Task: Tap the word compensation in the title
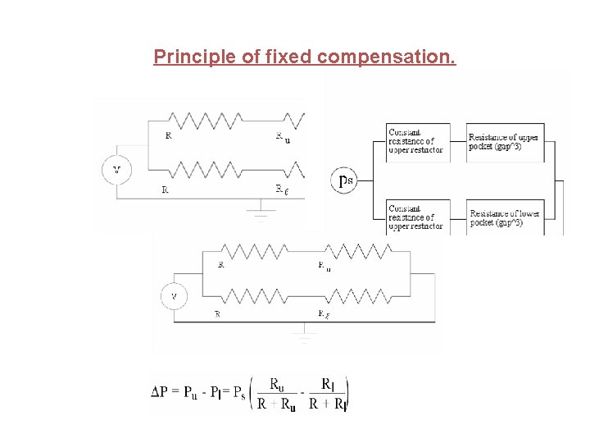tap(386, 57)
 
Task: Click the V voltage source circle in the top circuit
tap(116, 170)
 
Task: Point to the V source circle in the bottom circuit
tap(174, 295)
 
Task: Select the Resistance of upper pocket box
tap(504, 142)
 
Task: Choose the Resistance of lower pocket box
tap(505, 218)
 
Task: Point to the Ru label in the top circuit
tap(282, 137)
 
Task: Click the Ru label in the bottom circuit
tap(324, 266)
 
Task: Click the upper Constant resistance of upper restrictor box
tap(417, 142)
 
